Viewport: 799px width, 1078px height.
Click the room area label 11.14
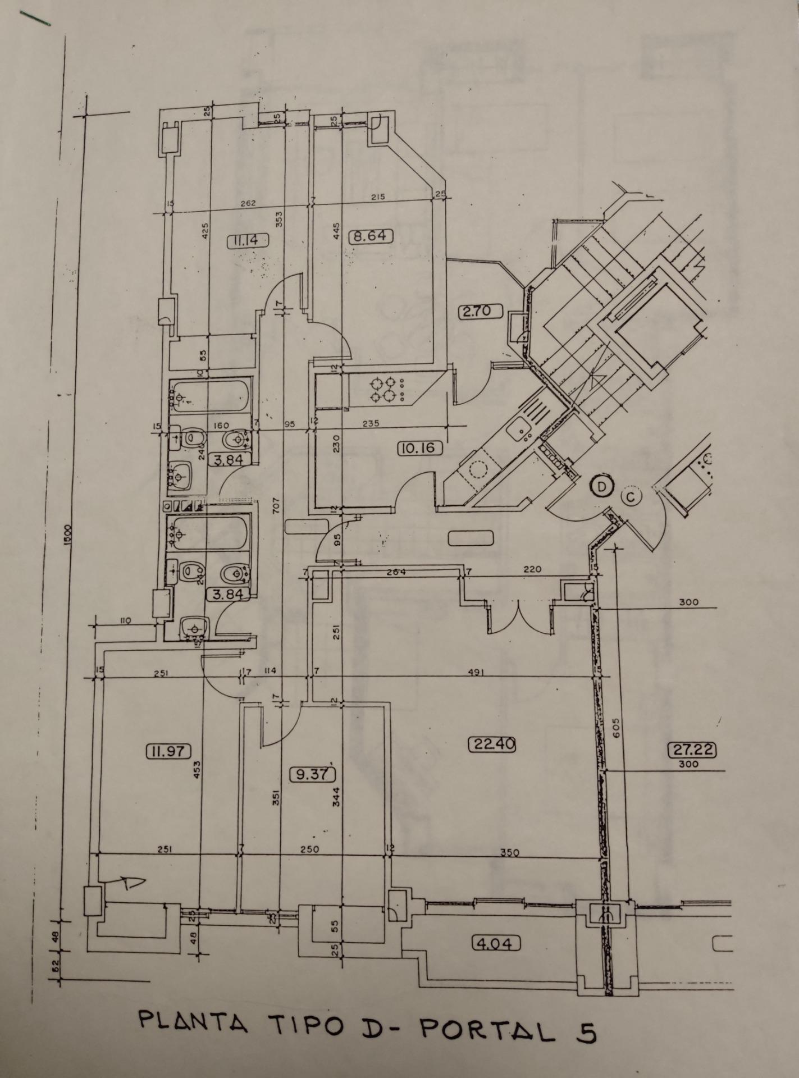point(248,241)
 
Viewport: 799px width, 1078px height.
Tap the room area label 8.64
point(371,236)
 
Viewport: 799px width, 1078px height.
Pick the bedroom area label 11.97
point(168,751)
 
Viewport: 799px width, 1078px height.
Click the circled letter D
point(602,487)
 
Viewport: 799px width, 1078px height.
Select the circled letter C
point(631,497)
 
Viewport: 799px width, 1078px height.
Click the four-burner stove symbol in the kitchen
point(383,389)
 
